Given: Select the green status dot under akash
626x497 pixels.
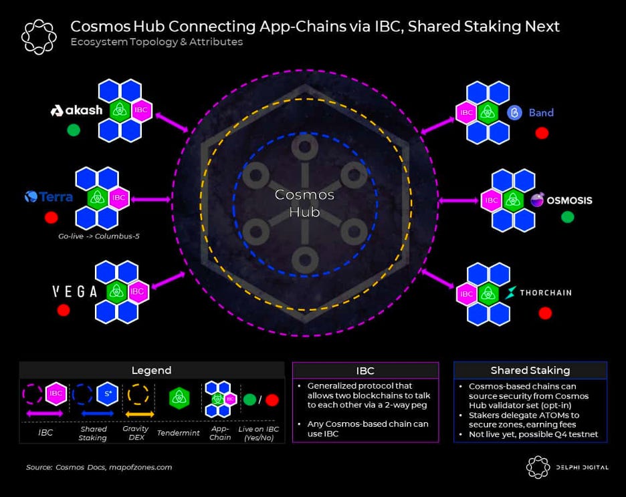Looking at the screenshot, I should pos(74,130).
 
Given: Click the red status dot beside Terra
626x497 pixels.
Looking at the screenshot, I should pos(51,218).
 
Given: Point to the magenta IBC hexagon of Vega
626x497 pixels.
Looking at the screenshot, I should pos(137,291).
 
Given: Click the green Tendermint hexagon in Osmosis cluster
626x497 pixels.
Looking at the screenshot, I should pos(513,200).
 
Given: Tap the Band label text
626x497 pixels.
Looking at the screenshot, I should pos(541,112).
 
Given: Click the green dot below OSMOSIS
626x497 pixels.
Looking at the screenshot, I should pos(567,217).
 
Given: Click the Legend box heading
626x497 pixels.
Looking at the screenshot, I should pos(152,370).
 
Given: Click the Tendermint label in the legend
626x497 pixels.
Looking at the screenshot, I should pos(177,433).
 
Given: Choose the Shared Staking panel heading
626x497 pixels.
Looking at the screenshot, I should pos(530,370).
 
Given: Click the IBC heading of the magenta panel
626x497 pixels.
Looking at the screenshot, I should pos(365,370).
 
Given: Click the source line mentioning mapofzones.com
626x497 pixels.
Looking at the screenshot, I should pos(99,467).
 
